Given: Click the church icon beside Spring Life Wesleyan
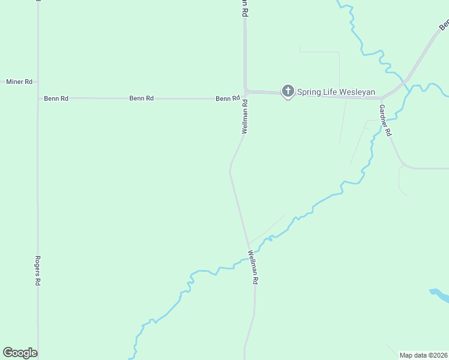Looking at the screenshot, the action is [288, 91].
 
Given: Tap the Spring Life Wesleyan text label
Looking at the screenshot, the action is [336, 92].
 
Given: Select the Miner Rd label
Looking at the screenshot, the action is [19, 82].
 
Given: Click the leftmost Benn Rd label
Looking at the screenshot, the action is [56, 98].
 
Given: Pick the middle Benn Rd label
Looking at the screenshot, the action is [142, 98].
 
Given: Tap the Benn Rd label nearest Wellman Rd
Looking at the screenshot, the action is [228, 98].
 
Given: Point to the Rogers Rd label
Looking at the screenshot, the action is [37, 270].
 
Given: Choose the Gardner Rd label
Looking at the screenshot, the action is [385, 119].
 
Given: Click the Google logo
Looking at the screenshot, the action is [20, 353].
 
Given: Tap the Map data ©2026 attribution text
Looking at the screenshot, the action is [423, 355].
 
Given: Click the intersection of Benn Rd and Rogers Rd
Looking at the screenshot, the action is [38, 98].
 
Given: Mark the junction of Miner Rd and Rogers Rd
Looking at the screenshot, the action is [38, 82].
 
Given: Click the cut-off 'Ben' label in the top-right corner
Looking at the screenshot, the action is [444, 25].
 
